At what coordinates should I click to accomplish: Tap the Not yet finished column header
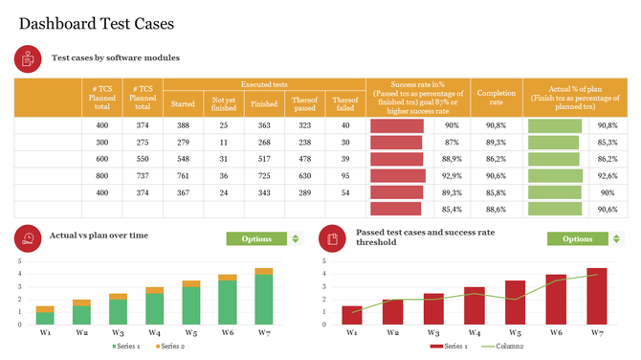(x=223, y=103)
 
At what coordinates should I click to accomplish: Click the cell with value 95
(x=345, y=176)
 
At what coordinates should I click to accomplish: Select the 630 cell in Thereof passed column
(x=304, y=176)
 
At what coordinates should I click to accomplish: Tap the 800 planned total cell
(x=102, y=176)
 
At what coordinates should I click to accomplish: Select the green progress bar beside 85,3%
(x=553, y=142)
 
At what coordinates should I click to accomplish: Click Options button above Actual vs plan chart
(x=256, y=238)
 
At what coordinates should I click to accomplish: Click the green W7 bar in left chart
(x=263, y=300)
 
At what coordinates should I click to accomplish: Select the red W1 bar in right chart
(x=352, y=315)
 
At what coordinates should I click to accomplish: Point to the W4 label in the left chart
(x=154, y=332)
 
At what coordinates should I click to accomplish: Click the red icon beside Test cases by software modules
(x=28, y=58)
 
